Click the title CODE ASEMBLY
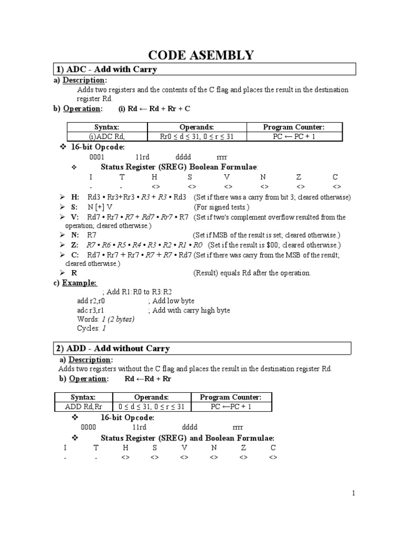(x=201, y=55)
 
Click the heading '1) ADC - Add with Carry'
(x=107, y=69)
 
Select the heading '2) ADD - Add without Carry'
(x=113, y=348)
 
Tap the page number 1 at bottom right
(x=354, y=493)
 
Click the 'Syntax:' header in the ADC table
(x=107, y=127)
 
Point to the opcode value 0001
(x=97, y=157)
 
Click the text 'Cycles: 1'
(x=91, y=328)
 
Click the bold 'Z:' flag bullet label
(x=75, y=245)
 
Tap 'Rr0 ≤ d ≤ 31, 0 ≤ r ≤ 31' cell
(x=197, y=136)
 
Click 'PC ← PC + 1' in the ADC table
(x=296, y=136)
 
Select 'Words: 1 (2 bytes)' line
(x=105, y=319)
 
